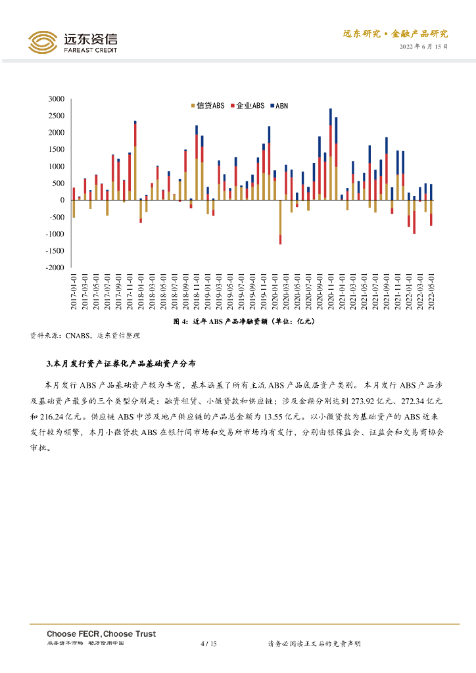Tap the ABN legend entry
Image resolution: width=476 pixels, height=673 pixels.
tap(279, 106)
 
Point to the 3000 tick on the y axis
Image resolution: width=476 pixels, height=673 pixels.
tap(57, 99)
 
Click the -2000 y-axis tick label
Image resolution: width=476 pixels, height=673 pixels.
tap(55, 268)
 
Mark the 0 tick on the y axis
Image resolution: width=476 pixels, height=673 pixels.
tap(62, 200)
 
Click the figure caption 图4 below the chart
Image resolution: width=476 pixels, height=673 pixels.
tap(244, 321)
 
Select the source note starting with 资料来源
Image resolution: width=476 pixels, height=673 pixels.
tap(85, 335)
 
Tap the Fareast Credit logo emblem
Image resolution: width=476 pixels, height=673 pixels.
tap(43, 42)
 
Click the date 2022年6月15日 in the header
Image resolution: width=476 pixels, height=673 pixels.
tap(424, 47)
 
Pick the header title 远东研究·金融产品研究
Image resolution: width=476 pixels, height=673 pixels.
tap(395, 34)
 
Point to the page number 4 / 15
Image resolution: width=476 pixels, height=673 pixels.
tap(208, 643)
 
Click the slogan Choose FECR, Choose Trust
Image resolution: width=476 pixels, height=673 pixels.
tap(101, 634)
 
